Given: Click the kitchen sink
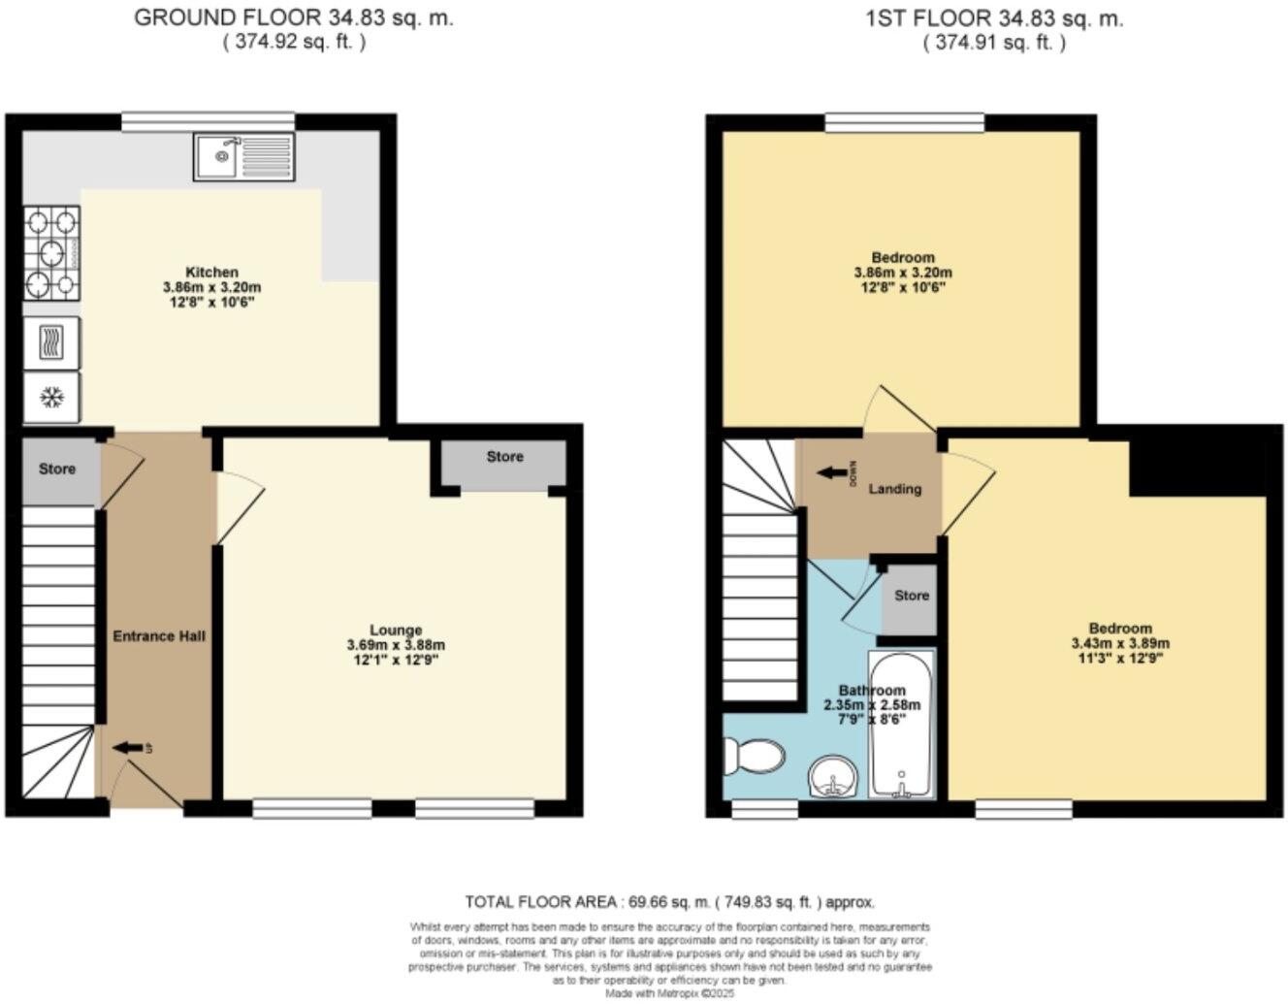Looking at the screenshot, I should click(x=242, y=157).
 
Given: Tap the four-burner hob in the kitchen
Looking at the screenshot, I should click(x=51, y=255).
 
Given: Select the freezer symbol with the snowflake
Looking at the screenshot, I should click(x=51, y=398).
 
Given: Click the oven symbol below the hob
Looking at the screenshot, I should click(x=51, y=342).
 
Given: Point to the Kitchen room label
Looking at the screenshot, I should click(x=211, y=272).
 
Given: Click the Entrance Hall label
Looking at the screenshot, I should click(x=159, y=636).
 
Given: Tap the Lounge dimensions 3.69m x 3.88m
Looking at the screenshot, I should click(x=395, y=645).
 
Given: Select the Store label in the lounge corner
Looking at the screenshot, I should click(x=504, y=457).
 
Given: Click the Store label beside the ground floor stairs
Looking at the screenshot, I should click(x=57, y=470).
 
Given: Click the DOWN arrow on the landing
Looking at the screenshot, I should click(x=832, y=473).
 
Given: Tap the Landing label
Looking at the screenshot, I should click(x=894, y=489).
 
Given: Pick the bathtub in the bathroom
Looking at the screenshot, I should click(x=902, y=723).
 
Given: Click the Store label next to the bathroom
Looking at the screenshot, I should click(x=911, y=596).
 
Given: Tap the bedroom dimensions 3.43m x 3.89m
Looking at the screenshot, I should click(x=1119, y=643).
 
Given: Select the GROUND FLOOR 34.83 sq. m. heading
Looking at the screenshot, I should click(x=293, y=17).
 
